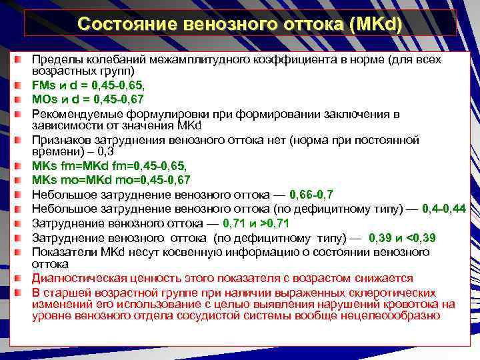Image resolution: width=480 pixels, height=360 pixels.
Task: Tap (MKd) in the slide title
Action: (377, 24)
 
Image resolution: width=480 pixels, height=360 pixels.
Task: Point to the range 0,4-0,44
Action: (449, 209)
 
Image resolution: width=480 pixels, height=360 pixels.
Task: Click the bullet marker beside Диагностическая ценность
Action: (23, 278)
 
